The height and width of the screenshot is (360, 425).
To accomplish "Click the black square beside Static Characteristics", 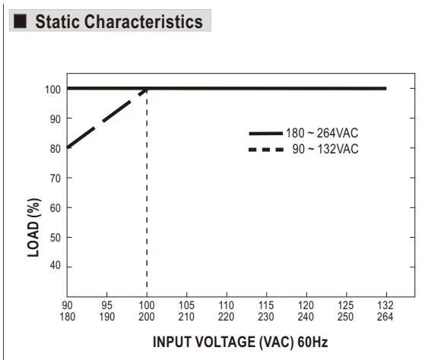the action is pyautogui.click(x=20, y=21).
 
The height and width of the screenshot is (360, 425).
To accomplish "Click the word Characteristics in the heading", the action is pyautogui.click(x=144, y=22).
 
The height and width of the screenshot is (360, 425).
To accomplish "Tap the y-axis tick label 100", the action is pyautogui.click(x=53, y=90).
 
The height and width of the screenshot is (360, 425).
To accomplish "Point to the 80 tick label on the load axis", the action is pyautogui.click(x=56, y=149).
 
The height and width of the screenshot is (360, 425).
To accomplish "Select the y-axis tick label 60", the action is pyautogui.click(x=56, y=208).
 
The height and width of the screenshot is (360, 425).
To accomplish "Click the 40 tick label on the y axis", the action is pyautogui.click(x=56, y=266).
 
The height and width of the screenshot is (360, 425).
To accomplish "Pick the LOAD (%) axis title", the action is pyautogui.click(x=34, y=228).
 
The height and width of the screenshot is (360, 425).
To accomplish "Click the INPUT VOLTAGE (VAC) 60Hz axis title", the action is pyautogui.click(x=240, y=342).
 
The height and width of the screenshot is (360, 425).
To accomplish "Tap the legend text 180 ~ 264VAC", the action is pyautogui.click(x=322, y=133).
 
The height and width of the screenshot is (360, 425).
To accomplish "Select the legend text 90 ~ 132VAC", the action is pyautogui.click(x=325, y=149).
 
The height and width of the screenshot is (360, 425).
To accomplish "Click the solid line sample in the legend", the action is pyautogui.click(x=266, y=134).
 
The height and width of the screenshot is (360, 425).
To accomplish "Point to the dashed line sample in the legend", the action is pyautogui.click(x=266, y=150).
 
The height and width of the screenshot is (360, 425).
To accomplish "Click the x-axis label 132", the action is pyautogui.click(x=385, y=305).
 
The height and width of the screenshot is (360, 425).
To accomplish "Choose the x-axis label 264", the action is pyautogui.click(x=385, y=317).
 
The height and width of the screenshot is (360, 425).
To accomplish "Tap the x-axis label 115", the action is pyautogui.click(x=266, y=305).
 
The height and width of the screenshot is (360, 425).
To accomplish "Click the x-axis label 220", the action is pyautogui.click(x=226, y=317).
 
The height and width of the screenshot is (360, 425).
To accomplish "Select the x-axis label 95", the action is pyautogui.click(x=106, y=305).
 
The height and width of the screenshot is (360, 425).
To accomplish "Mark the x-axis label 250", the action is pyautogui.click(x=346, y=317).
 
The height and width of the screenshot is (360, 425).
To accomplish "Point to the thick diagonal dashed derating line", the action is pyautogui.click(x=107, y=118).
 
